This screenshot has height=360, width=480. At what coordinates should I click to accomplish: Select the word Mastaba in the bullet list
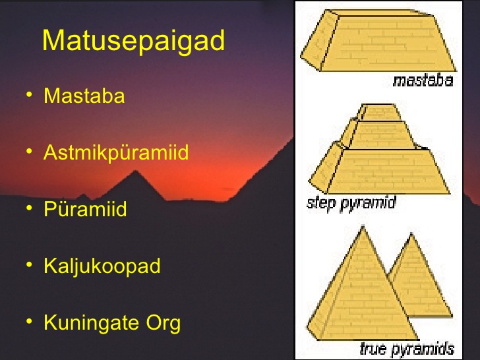84,96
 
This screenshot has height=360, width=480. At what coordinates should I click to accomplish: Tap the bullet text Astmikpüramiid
116,153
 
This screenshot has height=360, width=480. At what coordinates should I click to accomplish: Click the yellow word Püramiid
85,209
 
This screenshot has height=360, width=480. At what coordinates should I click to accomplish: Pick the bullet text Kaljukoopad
102,266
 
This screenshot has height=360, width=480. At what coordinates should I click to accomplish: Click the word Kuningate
91,323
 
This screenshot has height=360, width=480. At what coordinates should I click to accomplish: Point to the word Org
163,324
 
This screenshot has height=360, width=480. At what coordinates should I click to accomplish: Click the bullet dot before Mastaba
29,94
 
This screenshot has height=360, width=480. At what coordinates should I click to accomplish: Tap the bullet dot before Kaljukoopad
29,264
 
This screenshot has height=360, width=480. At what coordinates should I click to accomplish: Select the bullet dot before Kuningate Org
29,322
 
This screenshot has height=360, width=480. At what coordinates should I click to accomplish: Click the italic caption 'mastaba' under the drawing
423,80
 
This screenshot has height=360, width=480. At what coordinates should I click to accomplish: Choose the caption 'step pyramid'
351,203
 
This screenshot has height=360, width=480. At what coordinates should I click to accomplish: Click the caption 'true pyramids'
407,349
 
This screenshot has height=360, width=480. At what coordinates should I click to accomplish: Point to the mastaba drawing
378,40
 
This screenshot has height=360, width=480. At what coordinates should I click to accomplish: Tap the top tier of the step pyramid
380,112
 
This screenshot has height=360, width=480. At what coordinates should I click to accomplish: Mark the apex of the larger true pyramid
363,227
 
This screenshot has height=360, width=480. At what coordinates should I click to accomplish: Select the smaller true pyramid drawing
419,276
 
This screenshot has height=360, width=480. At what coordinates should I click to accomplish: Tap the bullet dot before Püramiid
29,208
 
